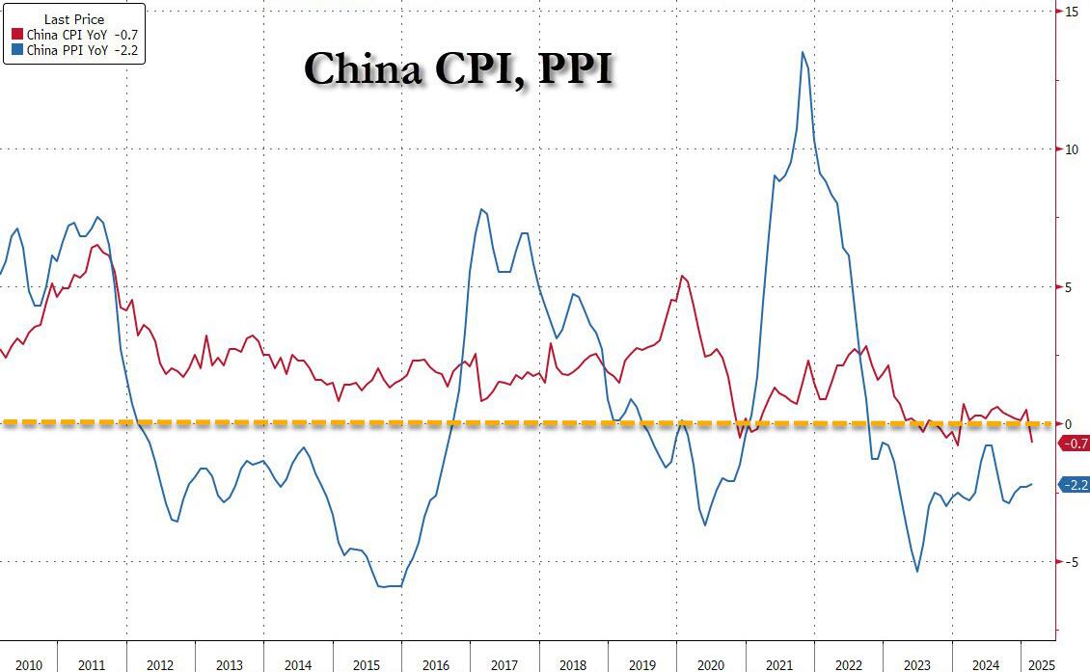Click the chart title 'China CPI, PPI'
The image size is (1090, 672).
tap(458, 68)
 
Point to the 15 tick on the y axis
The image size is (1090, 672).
tap(1072, 12)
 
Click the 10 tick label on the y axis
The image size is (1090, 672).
tap(1072, 149)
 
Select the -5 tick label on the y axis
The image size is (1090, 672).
tap(1071, 561)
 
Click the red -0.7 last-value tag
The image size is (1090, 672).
tap(1074, 444)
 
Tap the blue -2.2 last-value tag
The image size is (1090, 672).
tap(1074, 485)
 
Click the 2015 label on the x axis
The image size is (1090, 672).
tap(367, 665)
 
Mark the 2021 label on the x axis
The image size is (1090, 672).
tap(779, 665)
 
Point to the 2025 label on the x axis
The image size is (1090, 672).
tap(1042, 665)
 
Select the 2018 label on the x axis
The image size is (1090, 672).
tap(573, 665)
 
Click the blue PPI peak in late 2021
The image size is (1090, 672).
tap(803, 52)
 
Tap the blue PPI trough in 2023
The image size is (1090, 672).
tap(916, 572)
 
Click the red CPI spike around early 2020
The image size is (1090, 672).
tap(681, 277)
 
